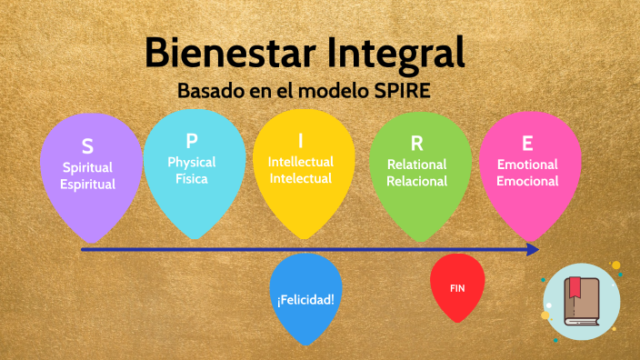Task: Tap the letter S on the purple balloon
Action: [x=87, y=146]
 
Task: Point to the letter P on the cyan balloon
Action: [x=192, y=141]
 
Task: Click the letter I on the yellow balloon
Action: [x=301, y=141]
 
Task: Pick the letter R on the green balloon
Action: [x=416, y=144]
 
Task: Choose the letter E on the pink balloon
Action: [x=527, y=144]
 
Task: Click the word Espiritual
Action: [x=88, y=185]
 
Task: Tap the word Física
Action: [x=192, y=179]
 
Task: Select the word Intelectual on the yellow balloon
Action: [x=301, y=179]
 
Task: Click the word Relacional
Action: [x=417, y=181]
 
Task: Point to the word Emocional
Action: [x=528, y=181]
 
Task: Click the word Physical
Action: [x=192, y=162]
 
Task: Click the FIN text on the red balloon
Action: [x=457, y=287]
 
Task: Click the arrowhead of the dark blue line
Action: [x=532, y=248]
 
